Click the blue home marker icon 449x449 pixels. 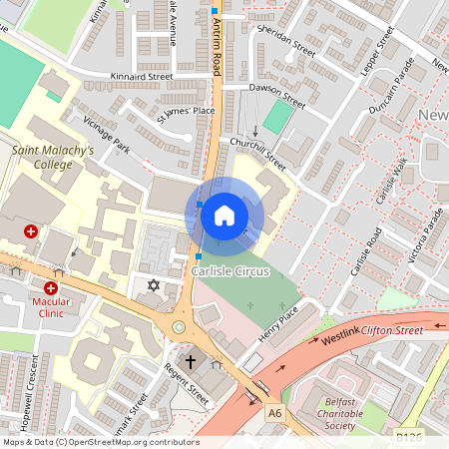[224, 216]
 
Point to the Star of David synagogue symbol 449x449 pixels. [153, 286]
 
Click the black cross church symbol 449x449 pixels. [191, 361]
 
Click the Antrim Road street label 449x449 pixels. [215, 50]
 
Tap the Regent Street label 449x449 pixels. [187, 385]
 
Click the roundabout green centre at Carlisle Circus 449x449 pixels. [179, 326]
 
